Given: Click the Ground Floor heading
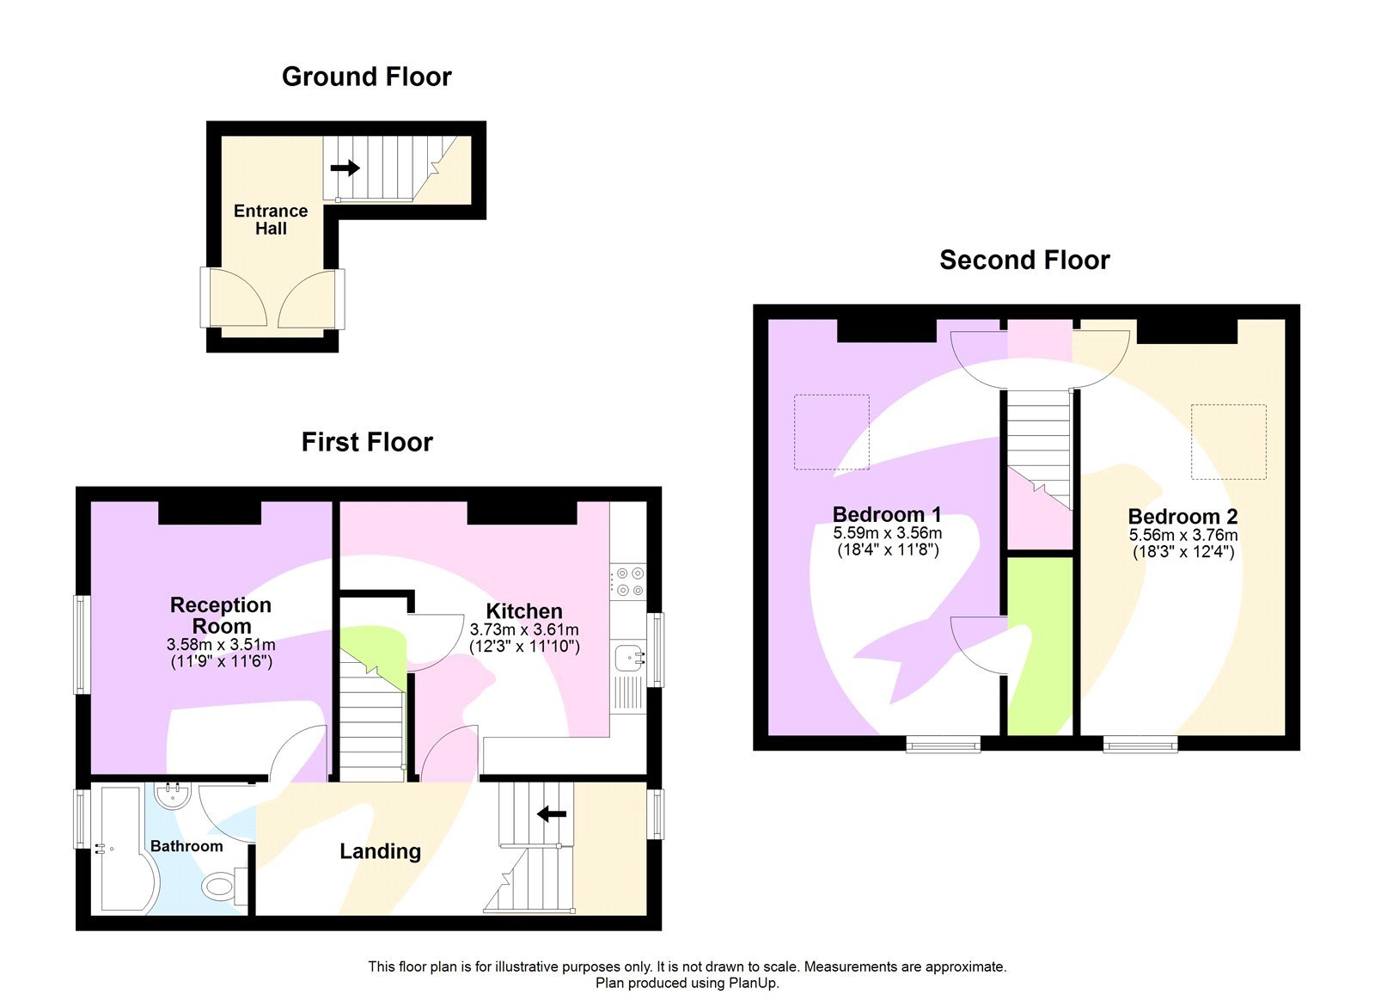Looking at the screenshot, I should click(366, 77).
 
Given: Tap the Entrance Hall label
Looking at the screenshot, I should click(271, 219).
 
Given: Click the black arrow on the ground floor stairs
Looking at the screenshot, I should click(345, 168).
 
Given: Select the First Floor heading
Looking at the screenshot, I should click(367, 442).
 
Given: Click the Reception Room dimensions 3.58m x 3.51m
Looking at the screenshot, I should click(221, 645).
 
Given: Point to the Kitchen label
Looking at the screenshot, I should click(524, 611).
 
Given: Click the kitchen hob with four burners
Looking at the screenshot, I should click(628, 581).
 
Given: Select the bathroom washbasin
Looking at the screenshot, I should click(174, 794).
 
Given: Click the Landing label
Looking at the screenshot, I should click(380, 851).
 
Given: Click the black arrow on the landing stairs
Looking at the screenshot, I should click(552, 813).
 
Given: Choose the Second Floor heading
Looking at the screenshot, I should click(1024, 260).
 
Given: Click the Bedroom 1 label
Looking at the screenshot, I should click(887, 514).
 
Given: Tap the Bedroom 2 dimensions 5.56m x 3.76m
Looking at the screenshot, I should click(1183, 535).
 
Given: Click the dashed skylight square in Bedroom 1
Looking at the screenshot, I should click(831, 432).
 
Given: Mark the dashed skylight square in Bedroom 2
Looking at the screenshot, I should click(1228, 441).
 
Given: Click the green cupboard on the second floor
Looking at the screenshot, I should click(1040, 645).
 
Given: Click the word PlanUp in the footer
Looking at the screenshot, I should click(754, 983).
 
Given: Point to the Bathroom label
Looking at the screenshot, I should click(186, 846).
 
